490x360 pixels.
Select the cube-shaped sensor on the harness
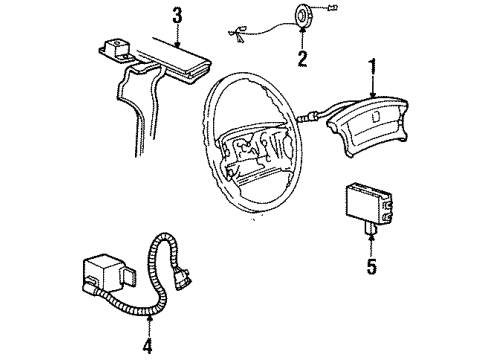pos(106,272)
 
